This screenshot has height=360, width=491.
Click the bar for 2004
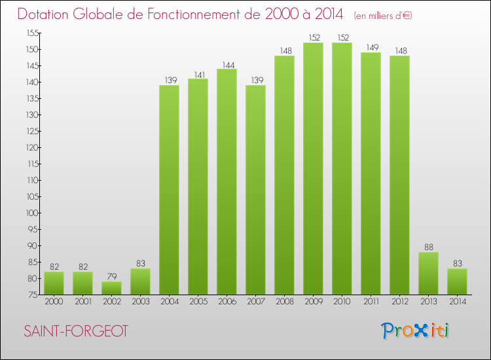pyautogui.click(x=169, y=190)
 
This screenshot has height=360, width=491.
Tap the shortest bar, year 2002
pyautogui.click(x=111, y=288)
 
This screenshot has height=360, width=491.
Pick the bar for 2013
pyautogui.click(x=428, y=273)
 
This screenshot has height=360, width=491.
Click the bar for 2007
pyautogui.click(x=255, y=190)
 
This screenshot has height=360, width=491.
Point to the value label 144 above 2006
pyautogui.click(x=227, y=64)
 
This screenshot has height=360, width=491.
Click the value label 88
pyautogui.click(x=428, y=247)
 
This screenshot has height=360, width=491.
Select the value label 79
pyautogui.click(x=111, y=277)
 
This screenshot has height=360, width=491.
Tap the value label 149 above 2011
pyautogui.click(x=371, y=48)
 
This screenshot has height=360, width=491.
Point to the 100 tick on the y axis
pyautogui.click(x=31, y=213)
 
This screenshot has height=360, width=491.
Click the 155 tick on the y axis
pyautogui.click(x=31, y=33)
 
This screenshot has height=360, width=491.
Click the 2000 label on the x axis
pyautogui.click(x=54, y=302)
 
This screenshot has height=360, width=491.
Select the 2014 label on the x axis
pyautogui.click(x=457, y=302)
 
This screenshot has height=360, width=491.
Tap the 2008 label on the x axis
pyautogui.click(x=284, y=302)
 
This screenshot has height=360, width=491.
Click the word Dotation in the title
pyautogui.click(x=50, y=14)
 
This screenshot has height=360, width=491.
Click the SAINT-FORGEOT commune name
pyautogui.click(x=76, y=331)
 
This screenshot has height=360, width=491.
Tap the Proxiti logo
pyautogui.click(x=416, y=331)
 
